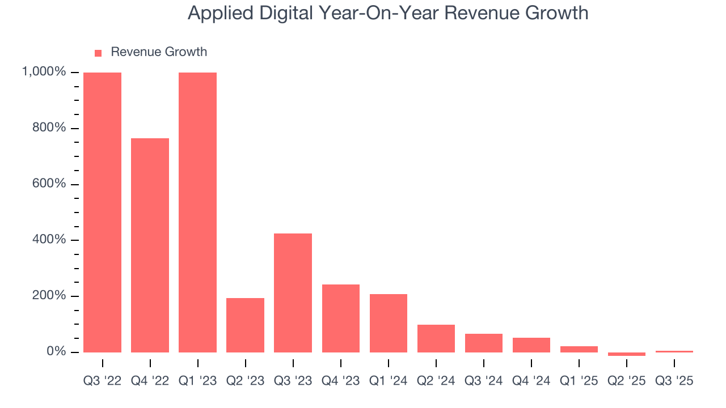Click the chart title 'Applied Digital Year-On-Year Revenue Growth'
click(x=388, y=13)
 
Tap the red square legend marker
click(x=98, y=53)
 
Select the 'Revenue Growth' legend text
click(x=159, y=52)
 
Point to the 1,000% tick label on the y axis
click(x=44, y=72)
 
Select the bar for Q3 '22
click(x=102, y=212)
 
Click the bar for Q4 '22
click(x=150, y=245)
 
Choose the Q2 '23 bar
click(x=245, y=325)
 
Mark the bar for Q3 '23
click(x=293, y=293)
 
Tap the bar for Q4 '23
click(x=340, y=318)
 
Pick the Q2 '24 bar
click(x=436, y=338)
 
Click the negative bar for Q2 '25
click(x=627, y=354)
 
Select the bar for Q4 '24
click(x=531, y=345)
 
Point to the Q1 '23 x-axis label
click(x=197, y=381)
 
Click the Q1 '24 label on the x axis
click(x=389, y=381)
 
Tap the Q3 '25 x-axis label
click(x=674, y=381)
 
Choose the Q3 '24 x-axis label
click(x=484, y=381)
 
